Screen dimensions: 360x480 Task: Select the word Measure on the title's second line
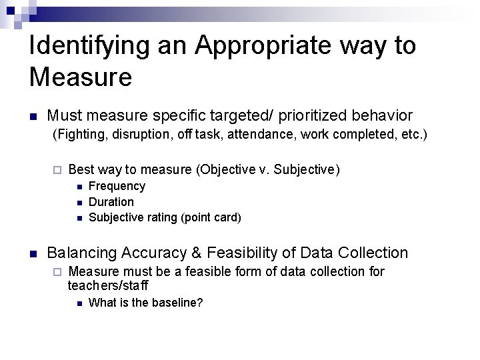(x=81, y=77)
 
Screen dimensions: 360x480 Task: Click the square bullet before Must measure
(x=33, y=117)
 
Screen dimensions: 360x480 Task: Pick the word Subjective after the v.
(x=309, y=169)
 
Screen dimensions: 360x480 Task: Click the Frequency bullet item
(x=117, y=186)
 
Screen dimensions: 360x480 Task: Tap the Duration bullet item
(x=111, y=201)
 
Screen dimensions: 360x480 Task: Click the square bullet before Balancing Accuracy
(x=33, y=254)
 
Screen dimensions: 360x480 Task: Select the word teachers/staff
(x=107, y=285)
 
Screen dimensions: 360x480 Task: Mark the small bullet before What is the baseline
(x=79, y=303)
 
